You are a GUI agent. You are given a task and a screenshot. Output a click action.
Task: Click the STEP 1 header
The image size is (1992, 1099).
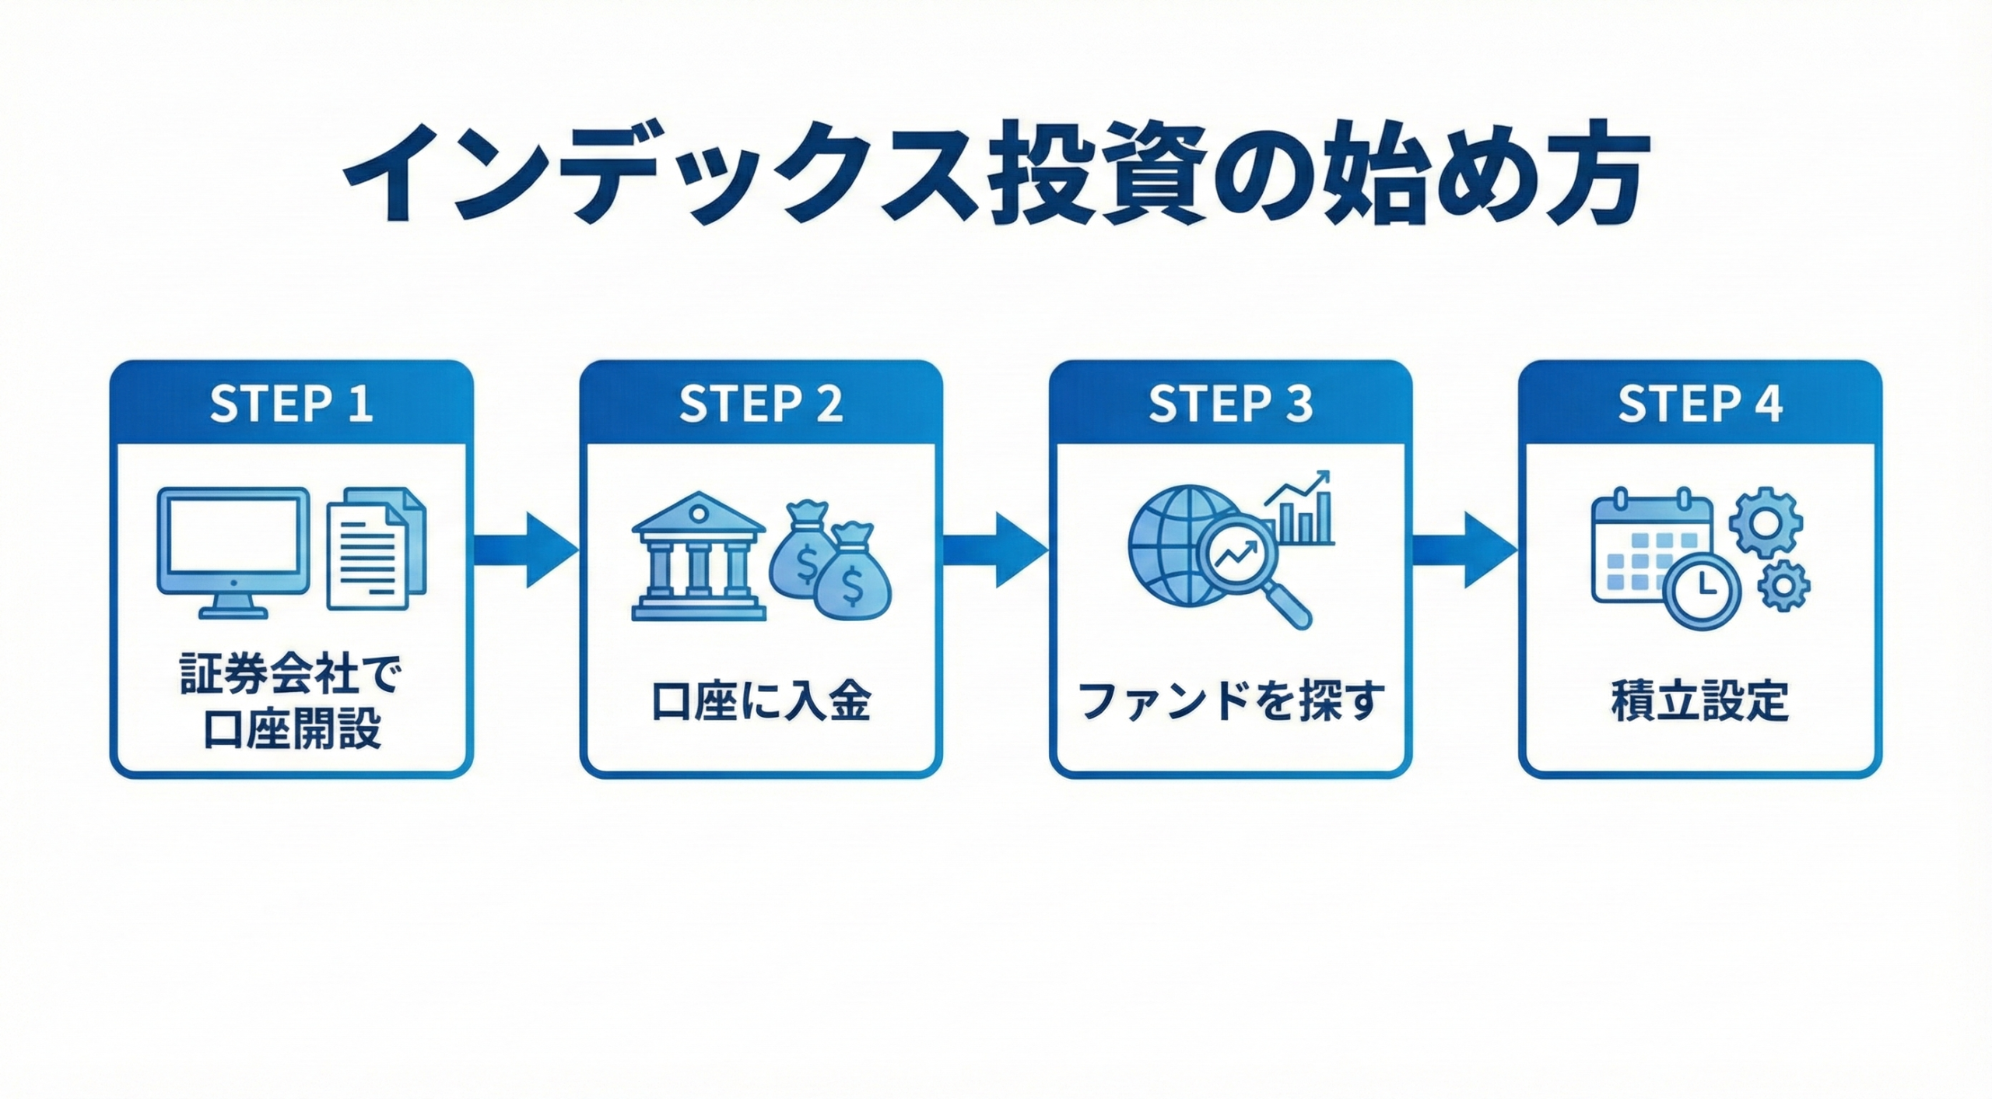click(291, 404)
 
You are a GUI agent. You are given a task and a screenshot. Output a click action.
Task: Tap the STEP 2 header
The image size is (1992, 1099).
click(761, 404)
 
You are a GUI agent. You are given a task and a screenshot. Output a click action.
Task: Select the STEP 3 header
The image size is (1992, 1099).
click(1230, 404)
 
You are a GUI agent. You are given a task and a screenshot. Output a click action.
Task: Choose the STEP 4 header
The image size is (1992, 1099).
click(1700, 404)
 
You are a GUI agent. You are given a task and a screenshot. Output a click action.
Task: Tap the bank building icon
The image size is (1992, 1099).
click(698, 557)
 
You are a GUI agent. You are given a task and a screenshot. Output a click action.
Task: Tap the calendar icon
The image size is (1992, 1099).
click(1642, 549)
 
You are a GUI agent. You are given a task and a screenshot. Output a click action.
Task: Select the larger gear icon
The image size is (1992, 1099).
click(1765, 521)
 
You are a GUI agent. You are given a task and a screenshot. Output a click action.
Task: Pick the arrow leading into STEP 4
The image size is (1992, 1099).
click(1465, 550)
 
